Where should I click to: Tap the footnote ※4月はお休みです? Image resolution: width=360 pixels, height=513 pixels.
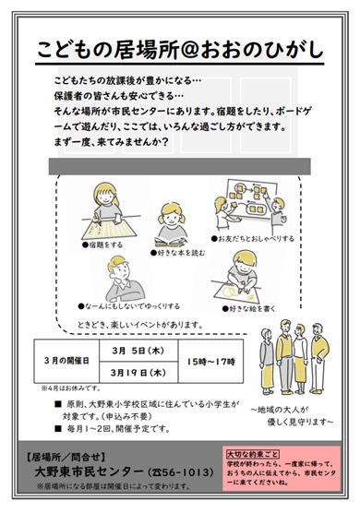coord(57,386)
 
